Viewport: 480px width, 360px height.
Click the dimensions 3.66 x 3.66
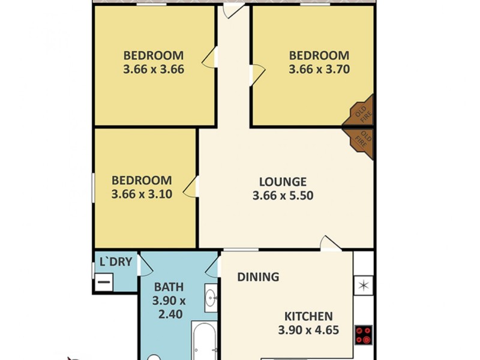point(153,69)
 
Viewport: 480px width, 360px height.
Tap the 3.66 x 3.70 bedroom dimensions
point(319,69)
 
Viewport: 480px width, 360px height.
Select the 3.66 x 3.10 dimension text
point(142,194)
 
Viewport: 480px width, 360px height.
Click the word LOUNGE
point(283,182)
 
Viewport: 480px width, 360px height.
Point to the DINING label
point(258,277)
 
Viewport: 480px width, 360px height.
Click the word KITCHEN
point(308,316)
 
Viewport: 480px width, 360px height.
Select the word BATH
point(169,287)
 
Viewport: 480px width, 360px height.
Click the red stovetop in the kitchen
point(363,334)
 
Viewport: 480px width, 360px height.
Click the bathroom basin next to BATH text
point(211,298)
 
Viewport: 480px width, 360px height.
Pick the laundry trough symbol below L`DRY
point(104,280)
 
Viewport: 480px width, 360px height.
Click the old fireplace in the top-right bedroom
point(361,112)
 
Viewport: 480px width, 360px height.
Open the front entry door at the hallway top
point(232,10)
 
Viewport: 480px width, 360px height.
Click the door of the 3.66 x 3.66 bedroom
point(209,58)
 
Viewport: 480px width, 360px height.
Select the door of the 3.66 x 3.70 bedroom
point(257,73)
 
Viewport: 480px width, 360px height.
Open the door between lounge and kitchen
point(329,242)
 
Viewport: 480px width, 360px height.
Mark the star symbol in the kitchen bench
point(363,284)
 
